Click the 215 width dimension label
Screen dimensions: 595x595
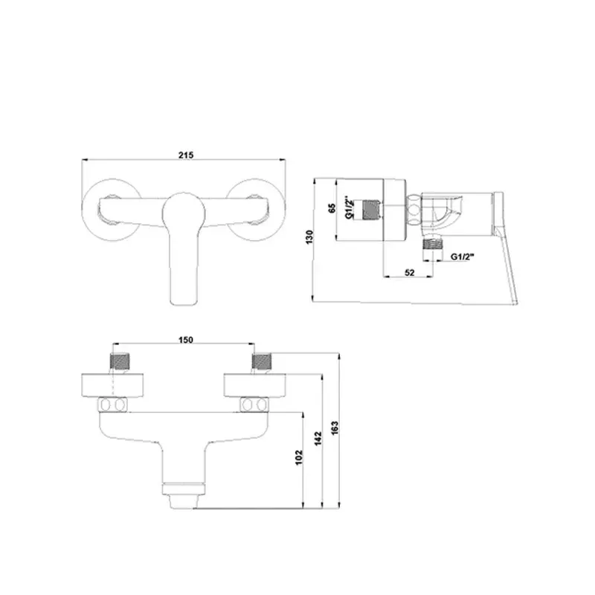pyautogui.click(x=186, y=155)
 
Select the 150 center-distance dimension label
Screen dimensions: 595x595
pyautogui.click(x=186, y=340)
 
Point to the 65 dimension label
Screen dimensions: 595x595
pyautogui.click(x=331, y=209)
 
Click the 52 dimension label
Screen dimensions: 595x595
pyautogui.click(x=409, y=272)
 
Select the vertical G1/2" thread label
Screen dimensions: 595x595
pyautogui.click(x=350, y=208)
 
